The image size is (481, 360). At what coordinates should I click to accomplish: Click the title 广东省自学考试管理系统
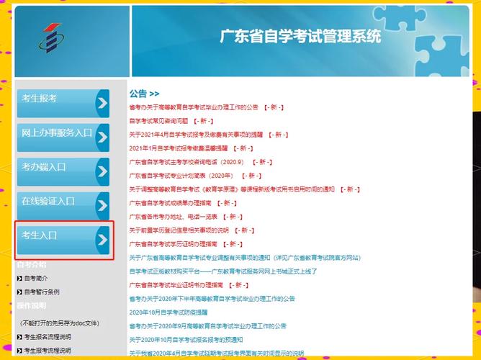tap(300, 37)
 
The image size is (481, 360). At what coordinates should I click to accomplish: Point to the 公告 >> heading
tap(144, 94)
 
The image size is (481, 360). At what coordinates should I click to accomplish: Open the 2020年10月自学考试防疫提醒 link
tap(168, 312)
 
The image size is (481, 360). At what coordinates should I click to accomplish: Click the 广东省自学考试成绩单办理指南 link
tap(170, 203)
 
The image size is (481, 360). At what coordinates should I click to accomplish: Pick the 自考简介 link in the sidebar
tap(36, 278)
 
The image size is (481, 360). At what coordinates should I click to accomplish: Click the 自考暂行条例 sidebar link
tap(42, 292)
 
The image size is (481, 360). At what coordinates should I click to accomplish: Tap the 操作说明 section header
tap(32, 306)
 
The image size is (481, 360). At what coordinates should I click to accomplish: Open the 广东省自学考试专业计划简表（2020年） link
tap(181, 176)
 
